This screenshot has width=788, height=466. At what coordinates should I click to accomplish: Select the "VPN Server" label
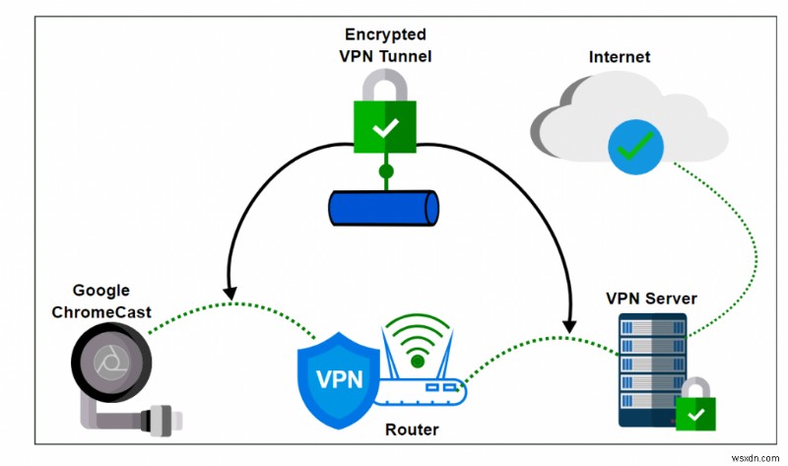650,299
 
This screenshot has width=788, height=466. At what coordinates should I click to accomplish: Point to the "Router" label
412,430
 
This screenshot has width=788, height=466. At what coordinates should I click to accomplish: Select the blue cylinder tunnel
384,208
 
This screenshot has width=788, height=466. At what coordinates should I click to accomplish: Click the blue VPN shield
338,373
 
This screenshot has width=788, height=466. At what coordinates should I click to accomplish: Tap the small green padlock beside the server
697,410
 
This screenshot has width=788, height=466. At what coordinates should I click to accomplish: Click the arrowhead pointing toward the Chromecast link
230,292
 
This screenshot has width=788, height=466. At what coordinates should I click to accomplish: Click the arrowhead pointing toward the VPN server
570,324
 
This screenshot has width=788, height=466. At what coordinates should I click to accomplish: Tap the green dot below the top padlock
386,171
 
